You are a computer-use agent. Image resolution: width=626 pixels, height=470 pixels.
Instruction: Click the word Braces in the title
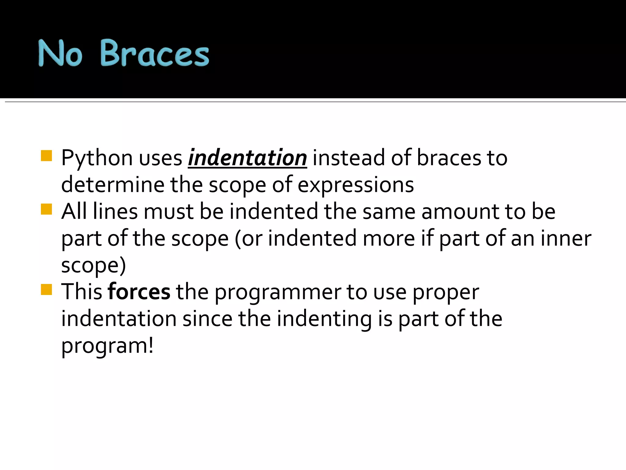point(154,54)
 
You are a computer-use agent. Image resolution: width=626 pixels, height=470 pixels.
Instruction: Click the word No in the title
point(60,54)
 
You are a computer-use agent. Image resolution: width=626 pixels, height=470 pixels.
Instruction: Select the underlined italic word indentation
point(247,158)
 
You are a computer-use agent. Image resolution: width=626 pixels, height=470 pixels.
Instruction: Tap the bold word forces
point(139,292)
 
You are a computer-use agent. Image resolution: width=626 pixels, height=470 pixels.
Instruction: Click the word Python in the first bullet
point(97,159)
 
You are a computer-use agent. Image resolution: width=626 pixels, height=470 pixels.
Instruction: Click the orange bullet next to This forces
point(46,289)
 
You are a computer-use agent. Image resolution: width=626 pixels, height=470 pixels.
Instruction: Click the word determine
point(112,185)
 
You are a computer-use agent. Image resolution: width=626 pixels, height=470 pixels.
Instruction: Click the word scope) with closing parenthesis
point(93,266)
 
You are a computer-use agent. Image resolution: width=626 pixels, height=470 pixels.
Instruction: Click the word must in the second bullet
point(168,211)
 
